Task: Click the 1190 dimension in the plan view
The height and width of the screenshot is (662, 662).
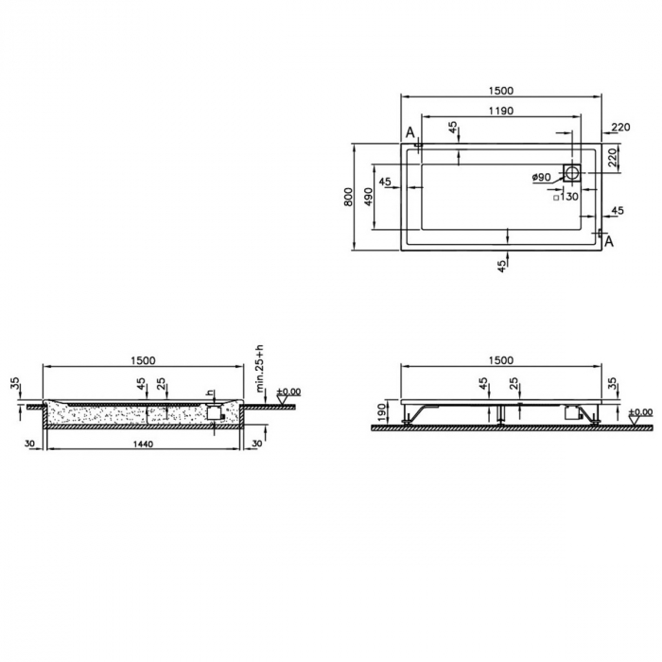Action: (x=500, y=111)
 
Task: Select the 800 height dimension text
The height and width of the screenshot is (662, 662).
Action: (x=348, y=197)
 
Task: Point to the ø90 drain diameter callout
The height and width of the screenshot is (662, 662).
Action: (x=541, y=177)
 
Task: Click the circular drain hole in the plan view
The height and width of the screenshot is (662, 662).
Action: (x=573, y=173)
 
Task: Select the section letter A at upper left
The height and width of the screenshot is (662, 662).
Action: (x=410, y=132)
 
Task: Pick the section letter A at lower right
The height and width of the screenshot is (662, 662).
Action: (x=608, y=242)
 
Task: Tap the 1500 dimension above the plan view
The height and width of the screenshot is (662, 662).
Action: (x=500, y=91)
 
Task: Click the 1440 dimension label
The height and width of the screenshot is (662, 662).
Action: (x=142, y=443)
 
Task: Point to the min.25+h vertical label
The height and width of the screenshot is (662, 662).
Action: (x=260, y=368)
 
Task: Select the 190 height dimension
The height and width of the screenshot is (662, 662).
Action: (x=381, y=411)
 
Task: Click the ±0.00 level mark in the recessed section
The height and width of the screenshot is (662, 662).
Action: (x=287, y=391)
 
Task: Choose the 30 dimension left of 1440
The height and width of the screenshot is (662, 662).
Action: (x=30, y=443)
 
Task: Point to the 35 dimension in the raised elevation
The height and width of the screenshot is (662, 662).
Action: (x=612, y=384)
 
